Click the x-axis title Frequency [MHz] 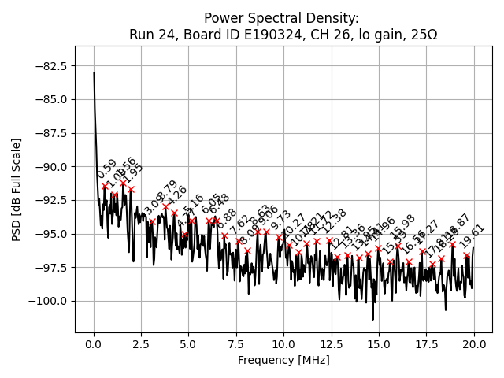coord(283,360)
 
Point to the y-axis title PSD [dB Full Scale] coord(17,189)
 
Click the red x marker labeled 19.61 coord(467,255)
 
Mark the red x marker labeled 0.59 coord(105,187)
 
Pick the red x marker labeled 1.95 coord(131,190)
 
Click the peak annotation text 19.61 coord(472,237)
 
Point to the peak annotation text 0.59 coord(107,169)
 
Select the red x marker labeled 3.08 coord(153,221)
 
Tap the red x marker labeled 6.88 coord(224,235)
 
